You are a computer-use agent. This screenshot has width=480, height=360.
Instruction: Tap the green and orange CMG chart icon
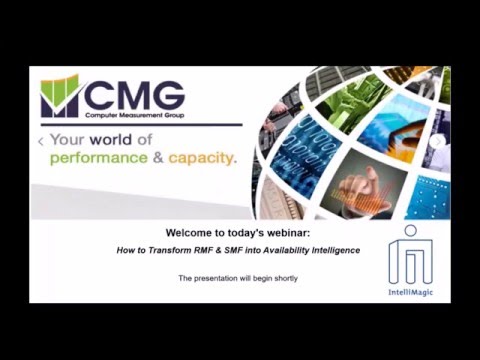pos(60,96)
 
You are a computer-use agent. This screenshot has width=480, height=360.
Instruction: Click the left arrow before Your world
pos(41,142)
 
